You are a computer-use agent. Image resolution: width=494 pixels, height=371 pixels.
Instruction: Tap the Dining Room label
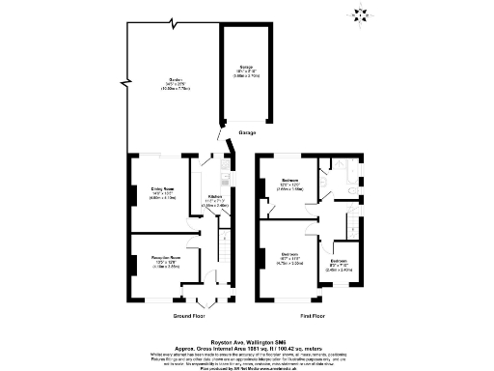tap(161, 192)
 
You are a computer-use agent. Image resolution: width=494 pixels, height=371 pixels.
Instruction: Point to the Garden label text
tap(177, 83)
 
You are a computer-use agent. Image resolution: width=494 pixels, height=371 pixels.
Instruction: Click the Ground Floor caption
tap(189, 316)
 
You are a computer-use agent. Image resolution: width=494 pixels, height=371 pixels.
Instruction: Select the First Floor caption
tap(311, 316)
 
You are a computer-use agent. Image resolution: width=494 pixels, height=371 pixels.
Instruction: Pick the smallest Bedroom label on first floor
tap(339, 267)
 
